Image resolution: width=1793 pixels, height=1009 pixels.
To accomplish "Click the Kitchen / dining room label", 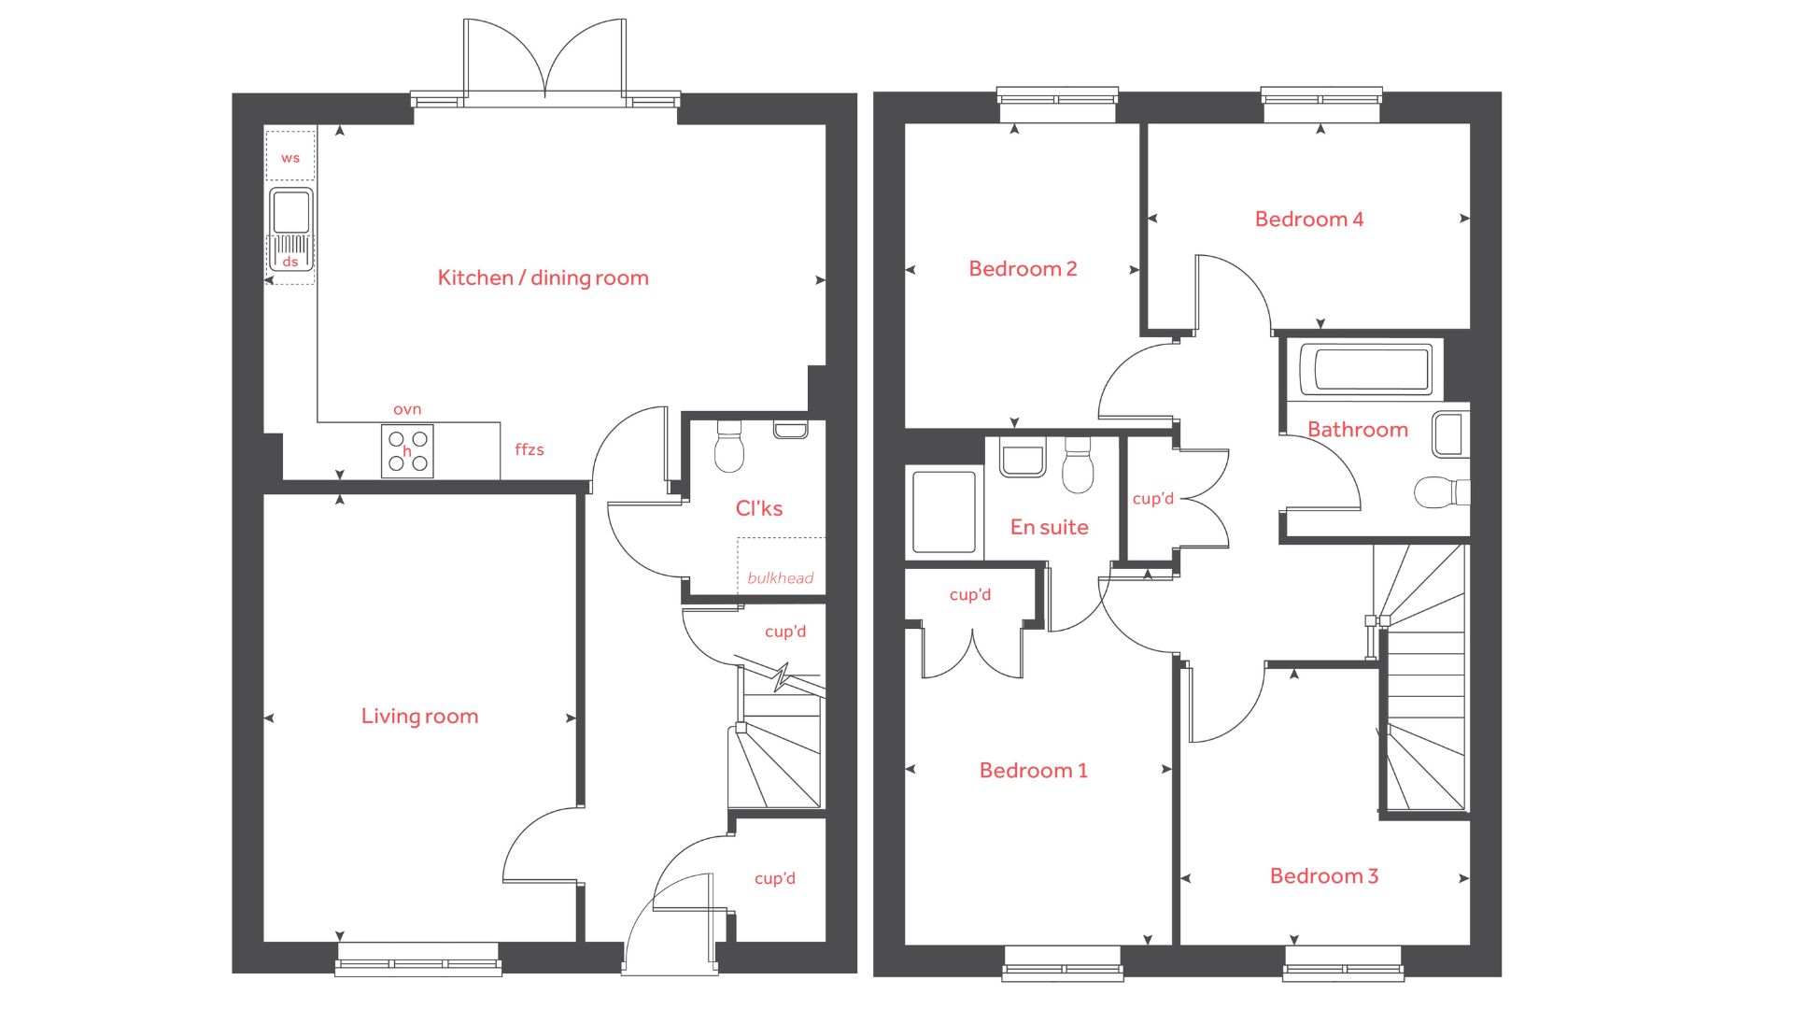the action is coord(543,277).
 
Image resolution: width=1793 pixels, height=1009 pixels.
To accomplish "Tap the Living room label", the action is coord(419,716).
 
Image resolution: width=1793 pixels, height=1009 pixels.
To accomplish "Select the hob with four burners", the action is coord(407,450).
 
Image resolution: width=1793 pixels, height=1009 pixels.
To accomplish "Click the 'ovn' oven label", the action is coord(407,409).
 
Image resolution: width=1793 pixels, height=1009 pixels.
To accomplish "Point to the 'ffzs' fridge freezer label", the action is coord(529,449).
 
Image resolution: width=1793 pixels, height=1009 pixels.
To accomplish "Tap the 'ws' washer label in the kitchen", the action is coord(290,158).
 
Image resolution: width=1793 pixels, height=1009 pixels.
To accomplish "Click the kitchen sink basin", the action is coord(290,212).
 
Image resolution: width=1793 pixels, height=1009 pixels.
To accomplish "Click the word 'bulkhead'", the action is coord(781,577).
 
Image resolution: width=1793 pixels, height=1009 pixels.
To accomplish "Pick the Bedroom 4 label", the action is coord(1309,219).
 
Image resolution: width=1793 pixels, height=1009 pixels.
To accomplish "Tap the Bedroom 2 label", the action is coord(1023,268).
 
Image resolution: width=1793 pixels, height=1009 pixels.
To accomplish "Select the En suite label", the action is coord(1050,527).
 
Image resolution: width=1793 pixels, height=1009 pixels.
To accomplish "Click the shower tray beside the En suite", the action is coord(944,512).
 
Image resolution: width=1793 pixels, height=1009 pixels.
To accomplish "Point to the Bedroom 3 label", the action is coord(1324,875).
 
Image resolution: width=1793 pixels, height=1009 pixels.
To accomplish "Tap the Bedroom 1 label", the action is coord(1033,770).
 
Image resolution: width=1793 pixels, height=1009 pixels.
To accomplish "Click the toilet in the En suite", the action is coord(1078,464).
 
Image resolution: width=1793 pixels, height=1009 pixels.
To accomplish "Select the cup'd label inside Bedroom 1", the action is coord(970,594).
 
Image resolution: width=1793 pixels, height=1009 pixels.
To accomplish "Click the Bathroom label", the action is coord(1358,430).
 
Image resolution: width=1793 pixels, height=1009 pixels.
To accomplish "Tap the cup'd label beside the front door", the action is coord(775,878).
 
